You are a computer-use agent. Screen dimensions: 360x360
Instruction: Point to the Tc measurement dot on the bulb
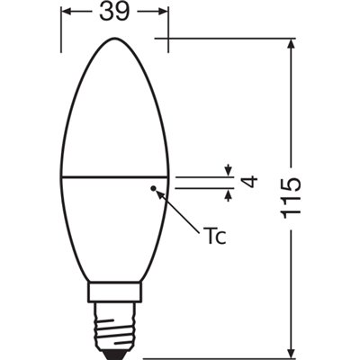pyautogui.click(x=154, y=188)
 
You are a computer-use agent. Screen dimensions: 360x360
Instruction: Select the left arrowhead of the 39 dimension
pyautogui.click(x=67, y=13)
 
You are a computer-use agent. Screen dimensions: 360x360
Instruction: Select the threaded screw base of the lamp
pyautogui.click(x=114, y=324)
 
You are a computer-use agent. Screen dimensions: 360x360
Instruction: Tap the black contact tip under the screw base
pyautogui.click(x=114, y=350)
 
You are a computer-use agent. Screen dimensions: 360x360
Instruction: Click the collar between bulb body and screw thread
pyautogui.click(x=114, y=294)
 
